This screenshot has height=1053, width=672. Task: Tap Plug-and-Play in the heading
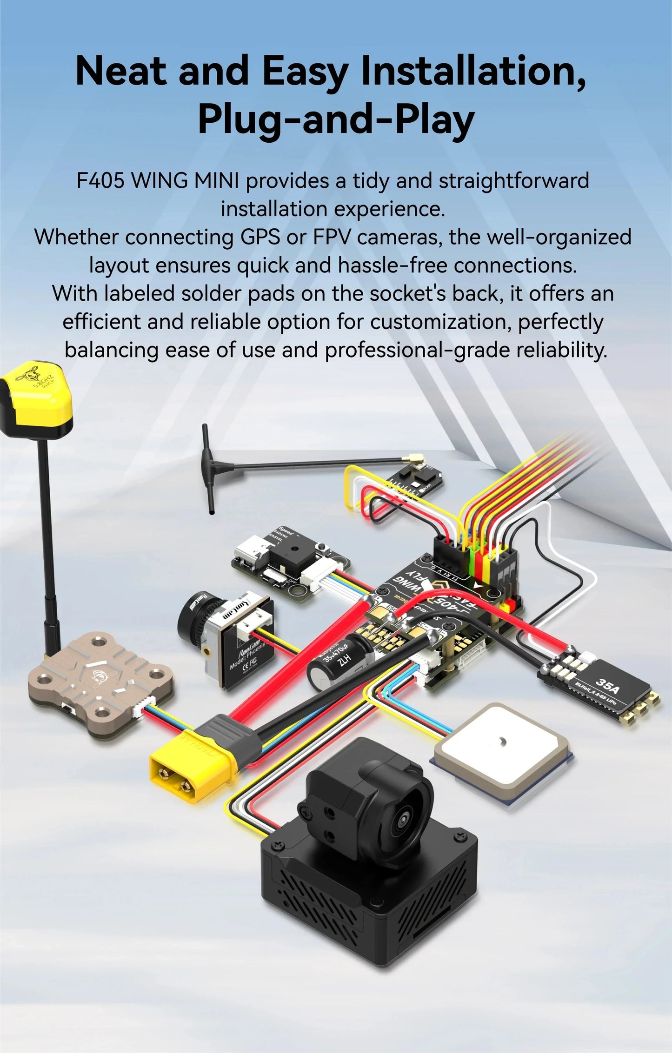tap(336, 119)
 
